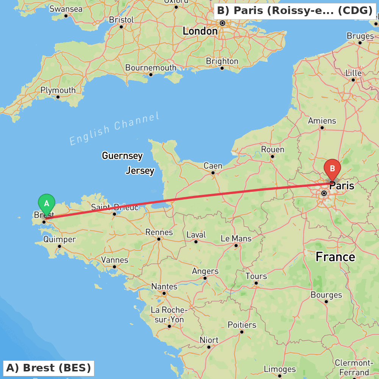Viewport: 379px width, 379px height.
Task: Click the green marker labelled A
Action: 47,204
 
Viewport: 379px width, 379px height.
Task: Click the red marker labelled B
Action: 332,169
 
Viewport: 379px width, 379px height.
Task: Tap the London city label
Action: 200,31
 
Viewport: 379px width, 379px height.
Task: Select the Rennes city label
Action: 159,232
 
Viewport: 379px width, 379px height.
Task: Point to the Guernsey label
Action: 122,155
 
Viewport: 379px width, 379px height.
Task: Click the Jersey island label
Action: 140,171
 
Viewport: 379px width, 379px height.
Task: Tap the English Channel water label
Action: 114,129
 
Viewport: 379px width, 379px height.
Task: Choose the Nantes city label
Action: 164,287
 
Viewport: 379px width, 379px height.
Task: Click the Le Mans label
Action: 236,238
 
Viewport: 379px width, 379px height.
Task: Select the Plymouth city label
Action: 58,90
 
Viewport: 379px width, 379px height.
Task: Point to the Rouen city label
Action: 273,149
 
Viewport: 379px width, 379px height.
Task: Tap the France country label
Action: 335,257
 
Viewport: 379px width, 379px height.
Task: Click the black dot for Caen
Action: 213,173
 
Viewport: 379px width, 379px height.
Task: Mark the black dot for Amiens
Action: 322,128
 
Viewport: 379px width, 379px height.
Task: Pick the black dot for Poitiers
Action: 242,332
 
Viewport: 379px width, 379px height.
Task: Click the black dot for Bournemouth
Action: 150,74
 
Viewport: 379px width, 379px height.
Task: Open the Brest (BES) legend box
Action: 49,368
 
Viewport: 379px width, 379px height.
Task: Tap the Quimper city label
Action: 59,240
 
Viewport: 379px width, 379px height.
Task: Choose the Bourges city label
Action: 326,295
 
